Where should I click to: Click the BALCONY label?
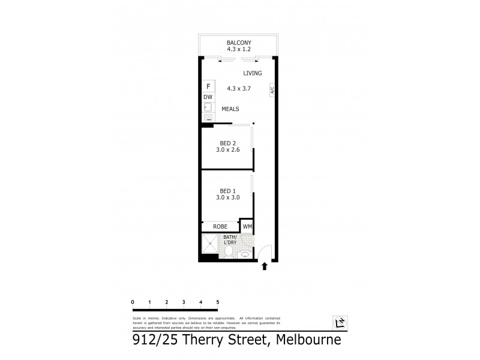pos(238,43)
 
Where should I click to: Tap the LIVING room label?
pos(253,73)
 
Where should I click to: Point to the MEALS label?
pos(231,109)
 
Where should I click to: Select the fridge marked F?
pos(208,86)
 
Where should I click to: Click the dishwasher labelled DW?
pos(208,97)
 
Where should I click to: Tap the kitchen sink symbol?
pos(208,107)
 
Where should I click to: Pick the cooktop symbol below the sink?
pos(208,118)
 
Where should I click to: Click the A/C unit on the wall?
pos(272,90)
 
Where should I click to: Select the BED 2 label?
pos(227,142)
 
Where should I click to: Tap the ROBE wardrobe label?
pos(220,227)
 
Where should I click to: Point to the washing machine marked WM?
pos(247,227)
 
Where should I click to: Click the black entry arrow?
pos(264,266)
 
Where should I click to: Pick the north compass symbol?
pos(339,324)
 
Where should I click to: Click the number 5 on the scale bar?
pos(218,301)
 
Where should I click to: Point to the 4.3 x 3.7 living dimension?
pos(238,88)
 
